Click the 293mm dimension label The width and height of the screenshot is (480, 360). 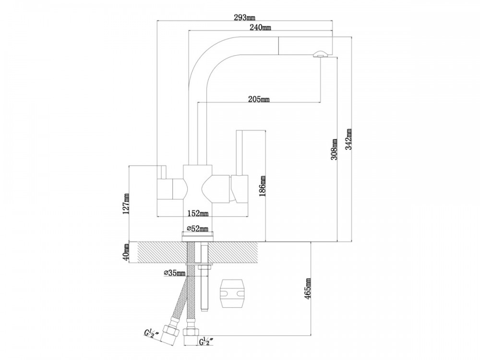coord(245,17)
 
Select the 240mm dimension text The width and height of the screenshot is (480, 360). coord(260,27)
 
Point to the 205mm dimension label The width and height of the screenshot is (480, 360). coord(259,99)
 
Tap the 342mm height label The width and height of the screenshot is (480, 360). coord(348,139)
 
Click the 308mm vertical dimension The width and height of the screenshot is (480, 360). coord(334,149)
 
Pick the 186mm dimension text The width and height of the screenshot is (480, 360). coord(263,186)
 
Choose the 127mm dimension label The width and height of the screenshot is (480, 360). coord(126,204)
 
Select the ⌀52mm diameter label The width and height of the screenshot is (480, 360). coord(197,228)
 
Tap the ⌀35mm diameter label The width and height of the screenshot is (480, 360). coord(175,272)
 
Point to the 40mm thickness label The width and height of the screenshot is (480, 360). coord(126,252)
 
